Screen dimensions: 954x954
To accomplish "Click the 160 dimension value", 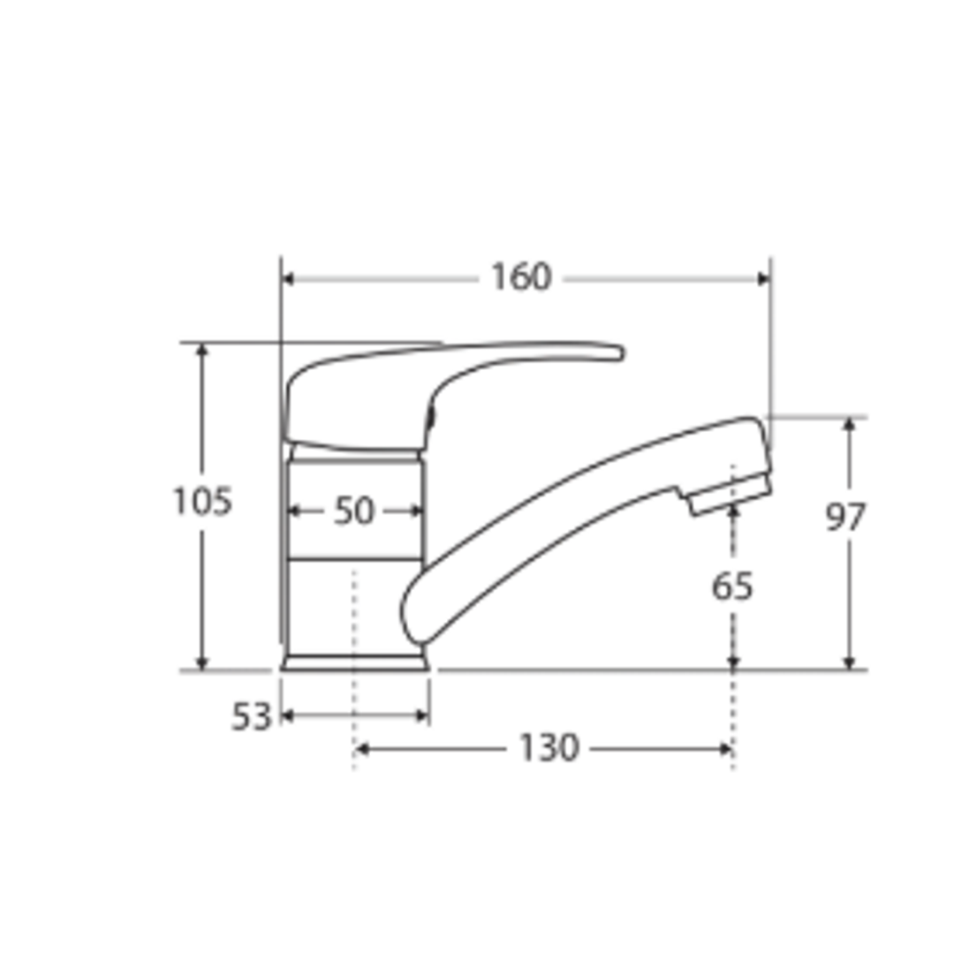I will tap(520, 277).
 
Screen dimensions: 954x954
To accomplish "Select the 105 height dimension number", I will tap(201, 502).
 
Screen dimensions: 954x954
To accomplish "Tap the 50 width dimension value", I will tap(353, 511).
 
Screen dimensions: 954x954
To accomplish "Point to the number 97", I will tap(845, 518).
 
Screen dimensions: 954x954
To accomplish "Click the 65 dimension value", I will tap(732, 586).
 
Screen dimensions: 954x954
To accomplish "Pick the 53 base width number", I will tap(251, 717).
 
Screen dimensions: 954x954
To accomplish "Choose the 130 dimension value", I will tap(548, 749).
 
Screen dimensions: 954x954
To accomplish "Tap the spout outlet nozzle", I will tap(728, 496).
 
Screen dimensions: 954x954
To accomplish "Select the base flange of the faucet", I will tap(355, 662).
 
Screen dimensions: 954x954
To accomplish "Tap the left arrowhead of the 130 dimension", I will tap(360, 750).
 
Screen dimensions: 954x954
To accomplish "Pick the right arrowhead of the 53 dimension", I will tap(423, 716).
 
